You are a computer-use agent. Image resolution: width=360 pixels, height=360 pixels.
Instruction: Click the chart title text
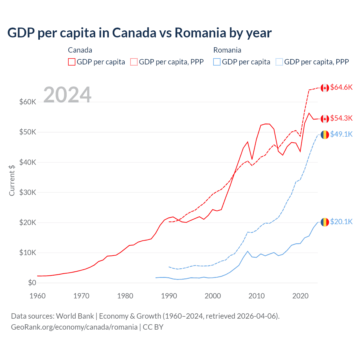(x=139, y=33)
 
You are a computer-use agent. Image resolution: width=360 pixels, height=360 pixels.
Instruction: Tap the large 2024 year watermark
(x=67, y=95)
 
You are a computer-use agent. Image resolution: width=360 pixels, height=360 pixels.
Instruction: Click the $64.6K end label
(x=341, y=87)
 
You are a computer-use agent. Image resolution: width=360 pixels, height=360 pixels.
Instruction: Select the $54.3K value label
(x=341, y=118)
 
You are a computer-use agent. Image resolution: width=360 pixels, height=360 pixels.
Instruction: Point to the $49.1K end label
(x=341, y=134)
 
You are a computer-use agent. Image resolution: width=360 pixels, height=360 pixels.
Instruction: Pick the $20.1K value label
(x=341, y=222)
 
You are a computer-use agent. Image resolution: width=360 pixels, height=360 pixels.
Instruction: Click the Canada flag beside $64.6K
(x=325, y=88)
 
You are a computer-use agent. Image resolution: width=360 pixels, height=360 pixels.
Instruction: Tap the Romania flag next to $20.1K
(x=325, y=222)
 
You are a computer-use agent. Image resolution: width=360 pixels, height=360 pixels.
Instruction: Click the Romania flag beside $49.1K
(x=325, y=135)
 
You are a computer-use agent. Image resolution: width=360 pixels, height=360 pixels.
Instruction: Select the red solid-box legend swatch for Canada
(x=72, y=62)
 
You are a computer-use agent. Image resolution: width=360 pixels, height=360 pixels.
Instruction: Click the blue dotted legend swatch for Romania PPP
(x=279, y=62)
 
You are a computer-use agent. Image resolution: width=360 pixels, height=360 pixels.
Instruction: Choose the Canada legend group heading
(x=80, y=50)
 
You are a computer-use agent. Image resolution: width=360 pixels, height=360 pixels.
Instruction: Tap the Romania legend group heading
(x=227, y=50)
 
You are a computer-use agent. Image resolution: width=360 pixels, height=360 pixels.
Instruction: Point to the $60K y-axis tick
(x=28, y=102)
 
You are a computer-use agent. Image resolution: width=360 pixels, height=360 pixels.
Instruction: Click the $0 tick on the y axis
(x=32, y=283)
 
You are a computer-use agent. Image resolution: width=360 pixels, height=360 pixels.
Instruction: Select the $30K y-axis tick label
(x=28, y=192)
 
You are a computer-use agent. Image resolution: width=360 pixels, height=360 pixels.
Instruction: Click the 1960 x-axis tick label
(x=37, y=296)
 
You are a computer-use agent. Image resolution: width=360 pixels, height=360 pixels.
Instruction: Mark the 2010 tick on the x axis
(x=256, y=296)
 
